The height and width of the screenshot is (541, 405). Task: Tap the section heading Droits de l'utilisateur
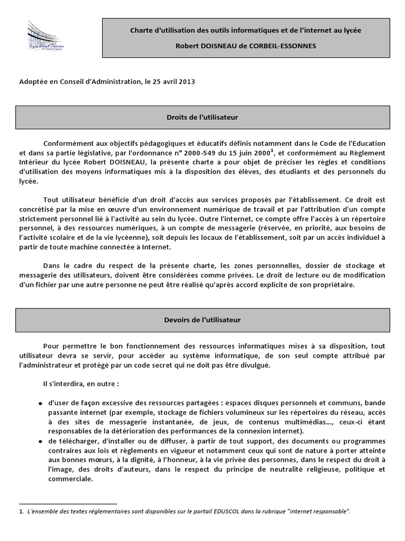[x=202, y=117]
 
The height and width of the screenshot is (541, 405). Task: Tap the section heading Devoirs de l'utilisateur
[x=202, y=320]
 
